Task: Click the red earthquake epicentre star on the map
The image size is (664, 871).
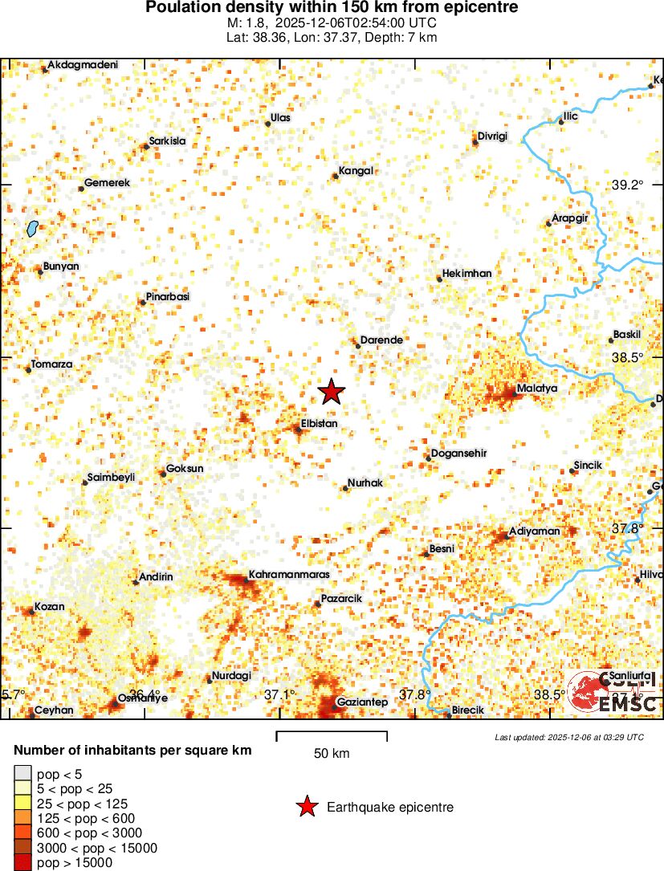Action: pos(331,392)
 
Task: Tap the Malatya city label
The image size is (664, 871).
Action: pos(536,389)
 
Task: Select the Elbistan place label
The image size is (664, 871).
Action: pos(319,423)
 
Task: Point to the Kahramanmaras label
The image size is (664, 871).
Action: pos(279,575)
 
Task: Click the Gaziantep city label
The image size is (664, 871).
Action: pos(362,702)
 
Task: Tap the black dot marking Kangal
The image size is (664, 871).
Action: pos(336,176)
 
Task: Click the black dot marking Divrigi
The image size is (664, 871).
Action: pos(475,143)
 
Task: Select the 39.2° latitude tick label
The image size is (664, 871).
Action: pos(628,185)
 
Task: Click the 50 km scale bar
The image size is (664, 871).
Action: pos(332,735)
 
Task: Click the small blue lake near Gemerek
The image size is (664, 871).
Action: pos(32,229)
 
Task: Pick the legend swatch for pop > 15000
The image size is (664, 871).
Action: pos(23,863)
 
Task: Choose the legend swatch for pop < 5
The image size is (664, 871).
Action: pos(23,774)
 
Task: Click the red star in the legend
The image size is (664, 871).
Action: pos(306,808)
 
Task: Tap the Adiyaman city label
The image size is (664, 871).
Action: pos(533,531)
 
